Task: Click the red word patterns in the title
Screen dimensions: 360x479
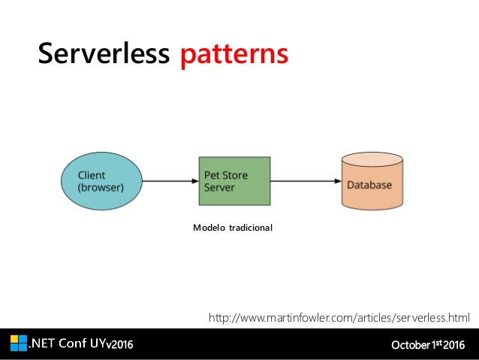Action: pos(233,54)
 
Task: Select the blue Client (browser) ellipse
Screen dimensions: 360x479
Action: pos(100,181)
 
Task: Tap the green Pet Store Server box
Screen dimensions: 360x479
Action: pos(233,181)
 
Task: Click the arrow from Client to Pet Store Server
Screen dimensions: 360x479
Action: pos(170,181)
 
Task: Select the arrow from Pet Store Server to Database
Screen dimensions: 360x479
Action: pos(303,181)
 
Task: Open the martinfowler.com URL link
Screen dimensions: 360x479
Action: pos(339,319)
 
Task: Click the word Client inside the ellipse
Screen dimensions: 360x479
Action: pos(92,175)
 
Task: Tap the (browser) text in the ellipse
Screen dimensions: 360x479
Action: pos(101,188)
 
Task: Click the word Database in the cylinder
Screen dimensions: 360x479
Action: pos(369,184)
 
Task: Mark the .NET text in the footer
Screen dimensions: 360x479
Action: pos(43,344)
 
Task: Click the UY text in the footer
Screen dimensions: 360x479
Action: pos(99,344)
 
